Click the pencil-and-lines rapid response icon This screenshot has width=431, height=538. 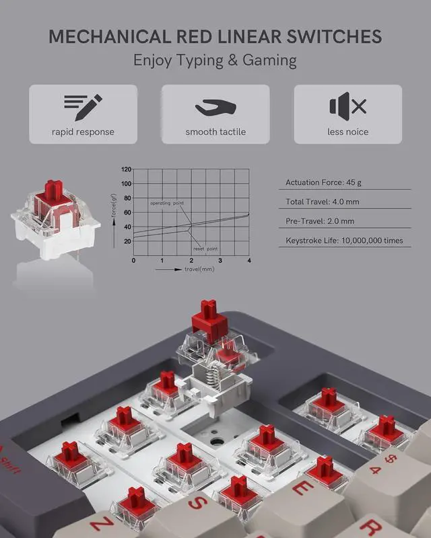[x=83, y=104]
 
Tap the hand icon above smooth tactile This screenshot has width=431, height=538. [x=215, y=106]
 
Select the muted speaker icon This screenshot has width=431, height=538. [x=347, y=106]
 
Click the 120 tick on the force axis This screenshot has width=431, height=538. [x=126, y=170]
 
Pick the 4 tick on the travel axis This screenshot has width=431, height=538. [x=249, y=260]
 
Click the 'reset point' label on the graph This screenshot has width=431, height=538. [x=205, y=248]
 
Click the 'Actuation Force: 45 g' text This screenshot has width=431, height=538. [x=325, y=182]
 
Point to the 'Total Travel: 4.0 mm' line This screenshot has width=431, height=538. [x=323, y=202]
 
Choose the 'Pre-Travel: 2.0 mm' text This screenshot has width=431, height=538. [x=320, y=221]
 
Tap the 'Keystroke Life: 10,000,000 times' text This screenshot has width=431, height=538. [x=343, y=240]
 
